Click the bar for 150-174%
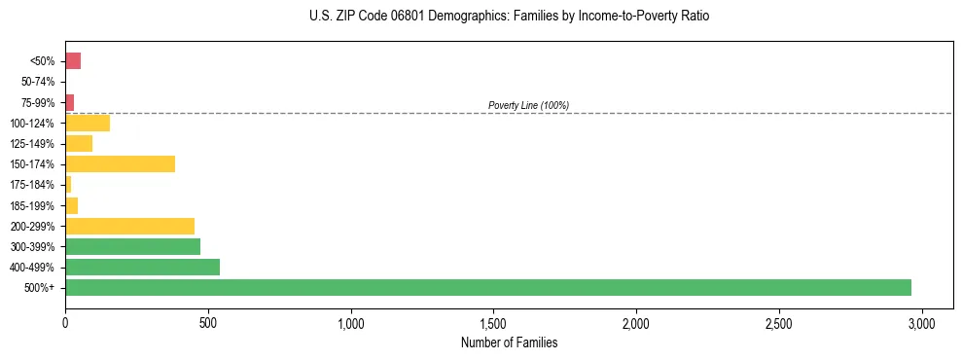coord(121,163)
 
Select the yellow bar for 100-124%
coord(88,123)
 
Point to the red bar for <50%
coord(73,61)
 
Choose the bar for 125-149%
coord(79,143)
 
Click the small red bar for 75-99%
coord(70,102)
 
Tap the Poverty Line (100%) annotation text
coord(528,105)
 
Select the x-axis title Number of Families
coord(510,342)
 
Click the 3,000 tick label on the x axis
coord(922,322)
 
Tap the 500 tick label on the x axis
coord(208,322)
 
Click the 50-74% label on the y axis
coord(39,82)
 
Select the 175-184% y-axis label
coord(34,185)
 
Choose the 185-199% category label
coord(34,205)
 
